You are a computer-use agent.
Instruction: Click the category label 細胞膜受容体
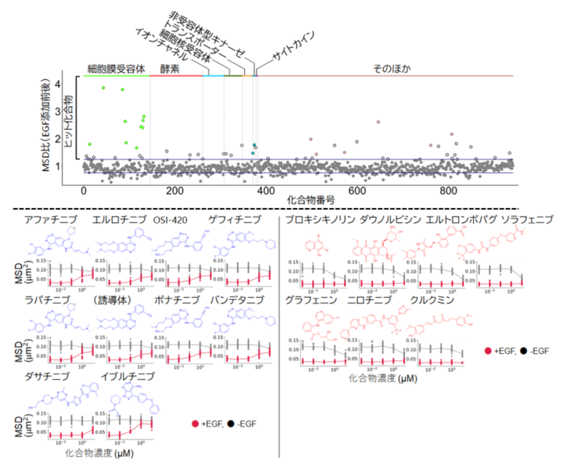coord(116,68)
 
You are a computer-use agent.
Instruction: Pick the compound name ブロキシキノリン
coord(318,220)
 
